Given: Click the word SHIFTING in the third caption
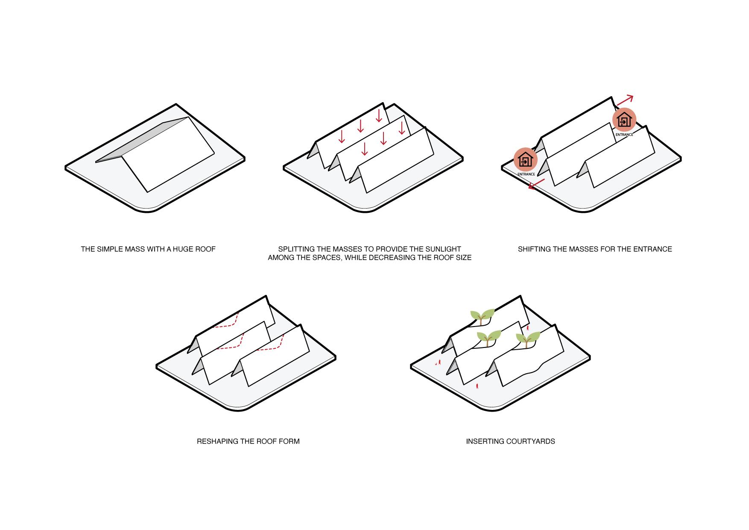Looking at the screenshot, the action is (535, 249).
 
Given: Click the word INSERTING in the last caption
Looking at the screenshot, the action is (484, 441).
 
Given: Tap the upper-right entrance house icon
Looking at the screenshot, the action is (624, 120).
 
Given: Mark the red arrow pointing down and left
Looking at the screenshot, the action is (537, 184).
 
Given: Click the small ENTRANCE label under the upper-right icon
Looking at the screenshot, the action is (624, 135).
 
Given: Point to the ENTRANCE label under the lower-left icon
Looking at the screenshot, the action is (526, 174).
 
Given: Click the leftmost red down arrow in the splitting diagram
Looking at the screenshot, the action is (342, 136).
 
